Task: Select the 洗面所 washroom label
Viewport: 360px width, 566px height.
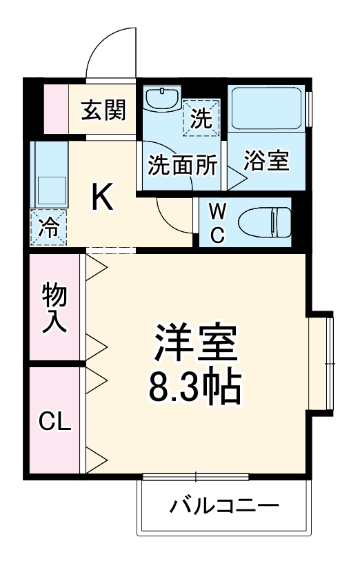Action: [183, 166]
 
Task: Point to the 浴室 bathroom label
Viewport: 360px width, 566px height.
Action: [266, 162]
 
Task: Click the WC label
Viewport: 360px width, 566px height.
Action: [217, 222]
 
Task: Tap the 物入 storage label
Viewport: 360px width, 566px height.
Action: [55, 308]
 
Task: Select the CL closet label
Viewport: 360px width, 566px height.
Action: [54, 422]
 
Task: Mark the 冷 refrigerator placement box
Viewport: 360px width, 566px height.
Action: [48, 226]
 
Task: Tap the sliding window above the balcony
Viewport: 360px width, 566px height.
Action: [196, 476]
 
